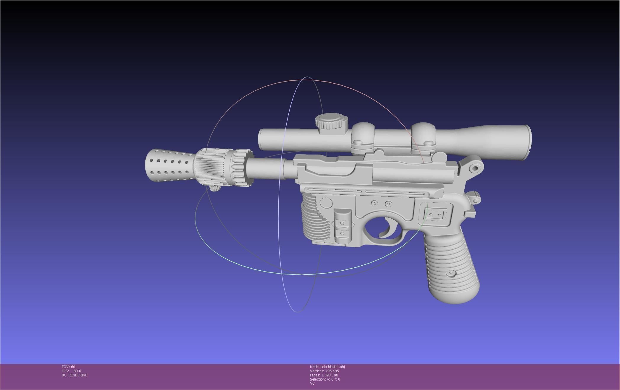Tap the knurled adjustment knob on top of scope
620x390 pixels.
[331, 121]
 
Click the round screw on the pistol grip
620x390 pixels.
[451, 274]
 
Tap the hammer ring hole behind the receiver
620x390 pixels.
[475, 169]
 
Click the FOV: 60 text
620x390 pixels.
[68, 367]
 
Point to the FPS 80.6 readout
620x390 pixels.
[71, 371]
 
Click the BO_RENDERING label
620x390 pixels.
[75, 375]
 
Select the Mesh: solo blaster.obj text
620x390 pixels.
[327, 367]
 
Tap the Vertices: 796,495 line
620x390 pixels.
[324, 371]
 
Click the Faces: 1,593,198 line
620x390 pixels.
[324, 375]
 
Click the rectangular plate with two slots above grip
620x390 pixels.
[436, 214]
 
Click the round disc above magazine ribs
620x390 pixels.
[326, 203]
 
